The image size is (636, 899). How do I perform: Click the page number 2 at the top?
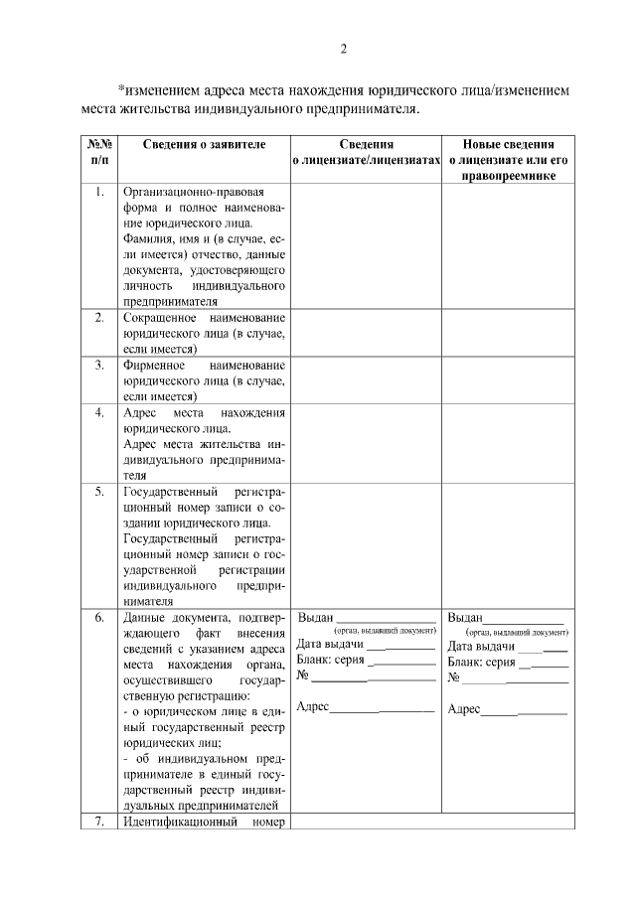[x=343, y=49]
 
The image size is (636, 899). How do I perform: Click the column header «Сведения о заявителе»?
[x=204, y=144]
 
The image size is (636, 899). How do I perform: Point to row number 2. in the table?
[x=99, y=318]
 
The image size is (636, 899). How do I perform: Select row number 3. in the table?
[x=99, y=365]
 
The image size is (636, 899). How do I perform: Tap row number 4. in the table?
[x=99, y=412]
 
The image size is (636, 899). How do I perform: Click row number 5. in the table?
[x=99, y=492]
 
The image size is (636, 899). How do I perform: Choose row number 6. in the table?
[x=99, y=618]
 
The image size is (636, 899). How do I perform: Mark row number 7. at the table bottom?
[x=99, y=823]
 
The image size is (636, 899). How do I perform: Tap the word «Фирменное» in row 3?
[x=151, y=366]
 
